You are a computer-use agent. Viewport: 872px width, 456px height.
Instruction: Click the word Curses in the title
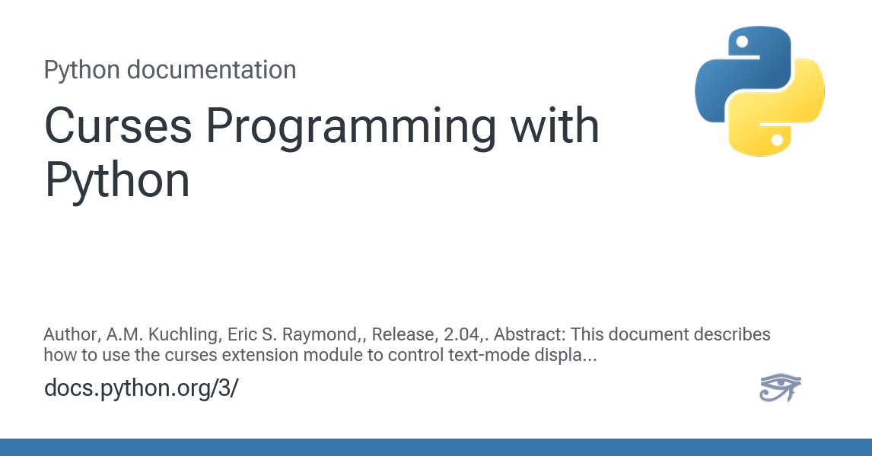[x=119, y=126]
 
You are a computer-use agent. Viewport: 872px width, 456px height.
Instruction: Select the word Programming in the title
[x=351, y=128]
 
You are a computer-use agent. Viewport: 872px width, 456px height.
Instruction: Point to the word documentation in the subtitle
[x=212, y=70]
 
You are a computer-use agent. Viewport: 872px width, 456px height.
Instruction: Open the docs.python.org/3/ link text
[x=142, y=388]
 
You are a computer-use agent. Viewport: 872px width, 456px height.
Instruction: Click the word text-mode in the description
[x=459, y=355]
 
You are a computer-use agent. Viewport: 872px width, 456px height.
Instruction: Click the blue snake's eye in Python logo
[x=742, y=42]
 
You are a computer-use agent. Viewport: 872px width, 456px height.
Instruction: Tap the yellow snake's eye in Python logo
[x=778, y=140]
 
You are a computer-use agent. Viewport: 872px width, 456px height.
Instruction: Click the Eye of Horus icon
[x=780, y=387]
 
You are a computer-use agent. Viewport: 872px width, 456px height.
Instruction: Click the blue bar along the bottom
[x=436, y=447]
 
